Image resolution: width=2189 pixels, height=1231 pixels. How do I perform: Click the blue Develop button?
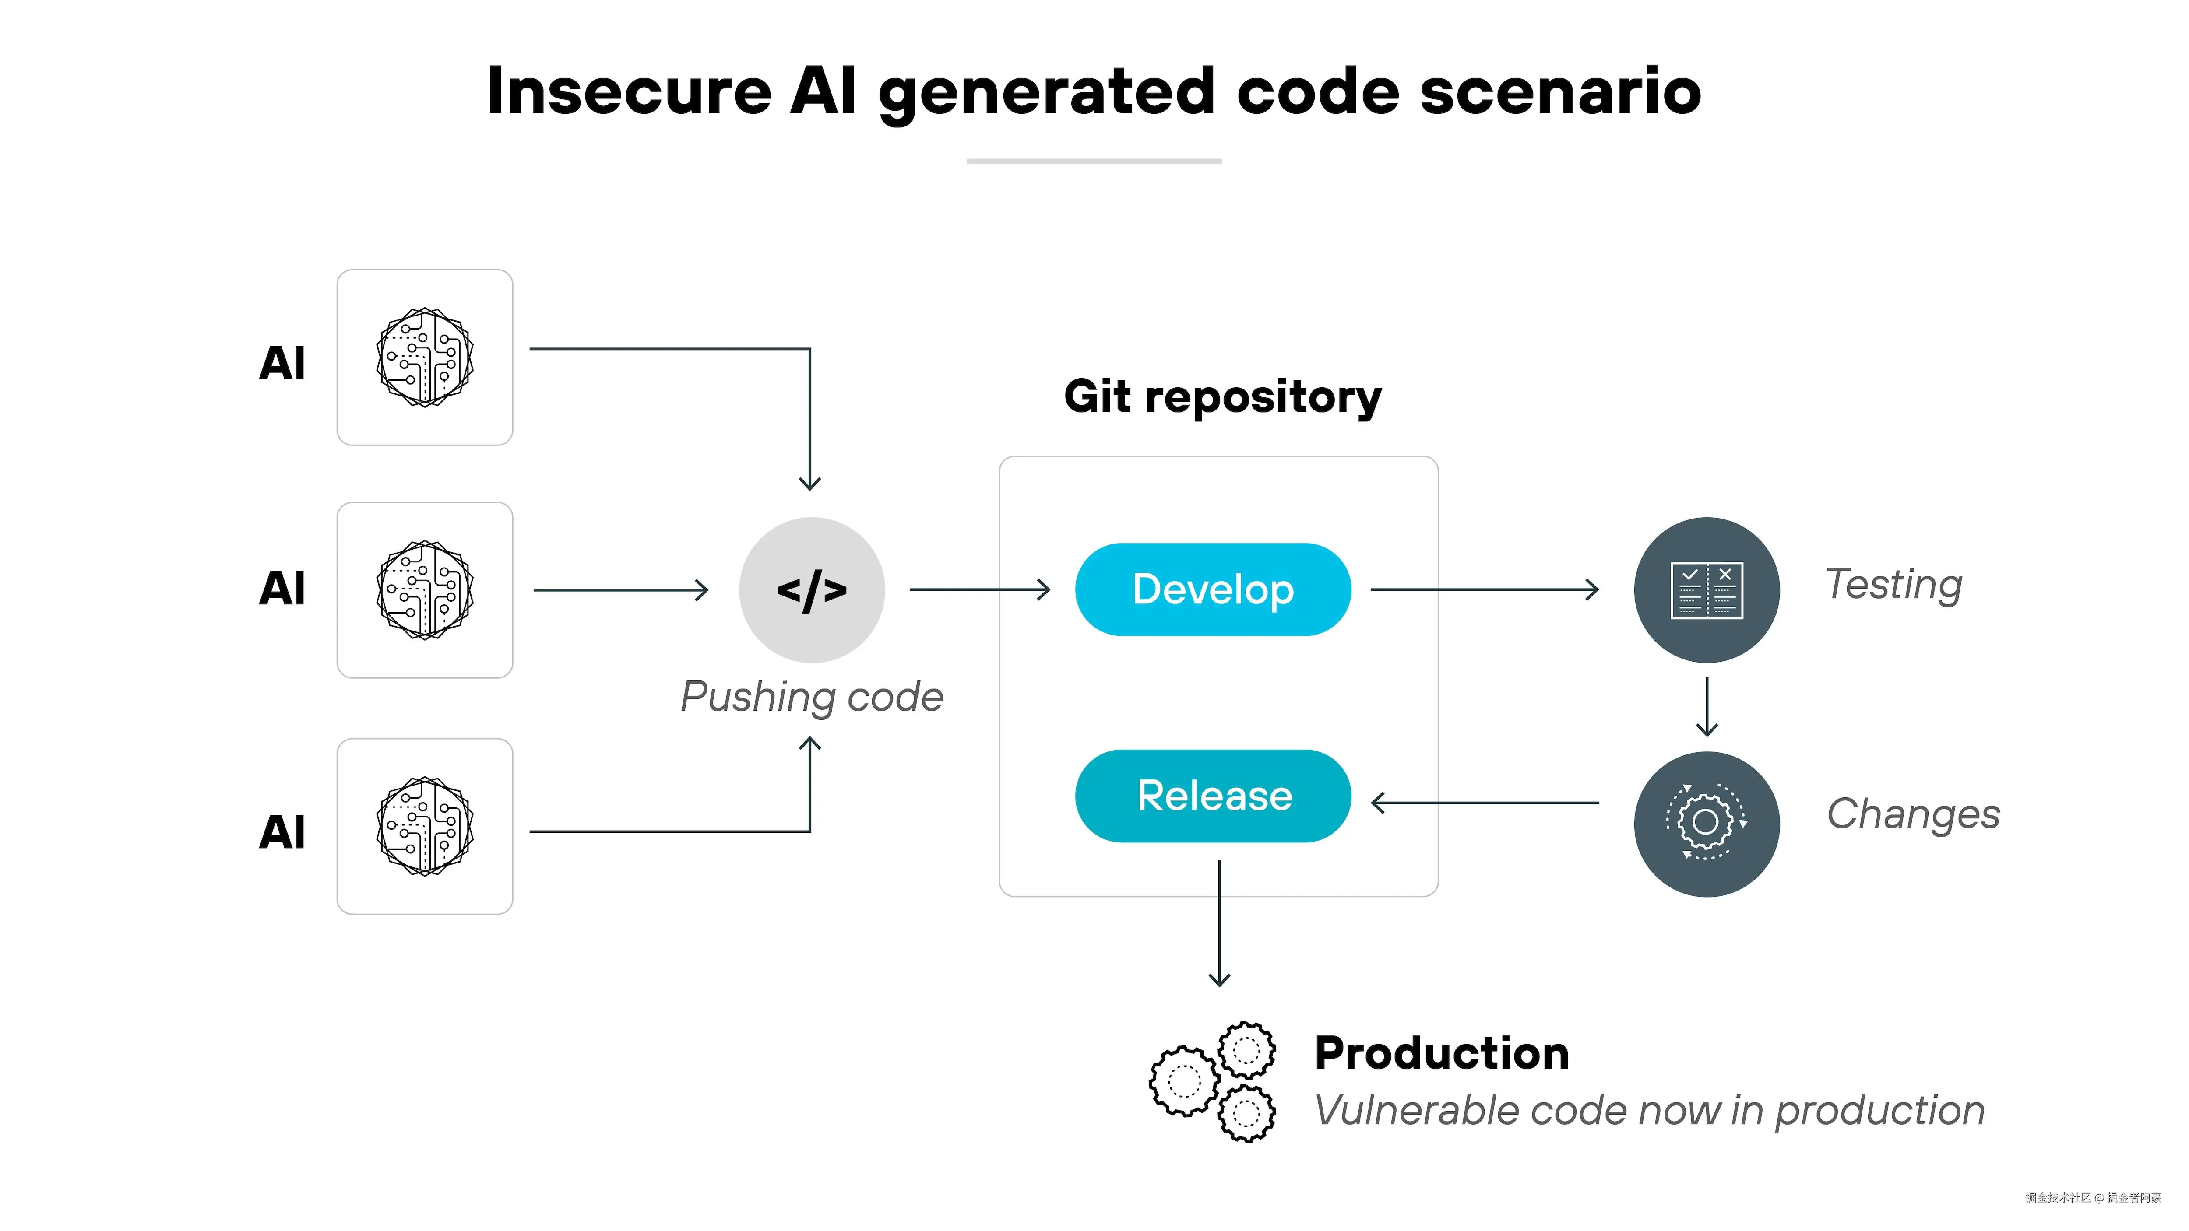[x=1213, y=589]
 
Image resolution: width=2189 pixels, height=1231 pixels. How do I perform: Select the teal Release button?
[x=1213, y=796]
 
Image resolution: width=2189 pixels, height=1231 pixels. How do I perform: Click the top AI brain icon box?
[x=425, y=358]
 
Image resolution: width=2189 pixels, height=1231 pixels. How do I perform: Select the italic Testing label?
[x=1893, y=585]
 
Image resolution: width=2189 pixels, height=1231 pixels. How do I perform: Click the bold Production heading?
[x=1441, y=1053]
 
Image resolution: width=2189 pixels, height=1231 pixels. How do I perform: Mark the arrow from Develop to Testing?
[x=1484, y=589]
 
